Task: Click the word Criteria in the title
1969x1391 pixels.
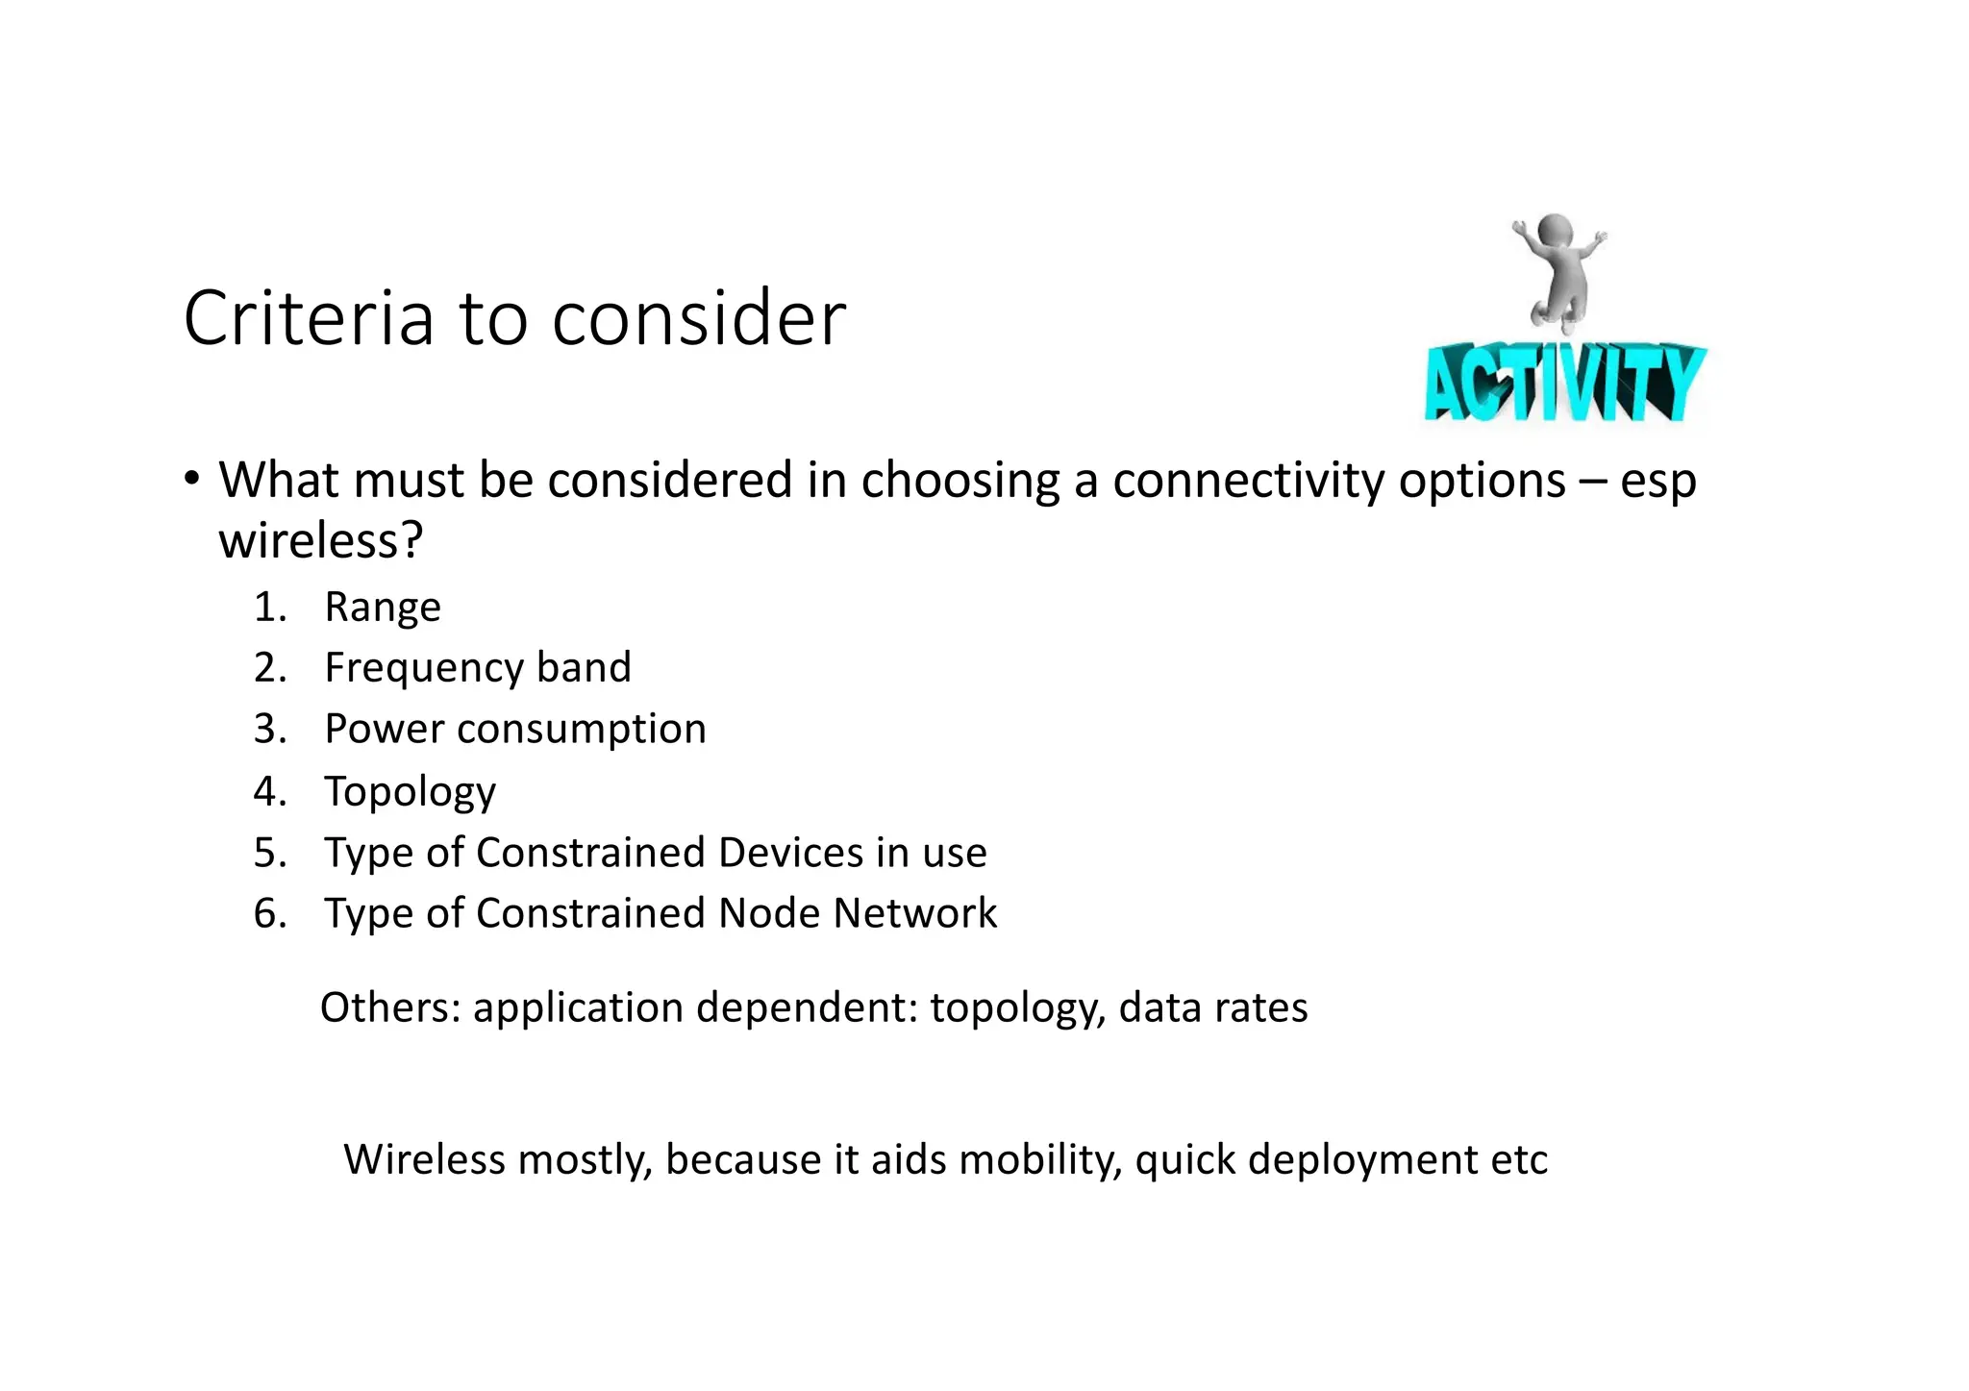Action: [309, 318]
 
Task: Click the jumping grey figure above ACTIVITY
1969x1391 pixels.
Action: [1558, 268]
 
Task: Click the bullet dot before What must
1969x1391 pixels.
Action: [192, 477]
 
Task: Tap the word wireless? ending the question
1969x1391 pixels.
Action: [320, 540]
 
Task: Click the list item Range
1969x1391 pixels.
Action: [383, 608]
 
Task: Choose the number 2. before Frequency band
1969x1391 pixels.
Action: [270, 668]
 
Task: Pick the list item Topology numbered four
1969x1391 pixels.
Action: [411, 792]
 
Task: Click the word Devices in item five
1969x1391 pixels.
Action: [790, 853]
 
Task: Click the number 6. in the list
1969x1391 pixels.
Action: [270, 913]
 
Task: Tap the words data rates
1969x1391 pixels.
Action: [1213, 1007]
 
